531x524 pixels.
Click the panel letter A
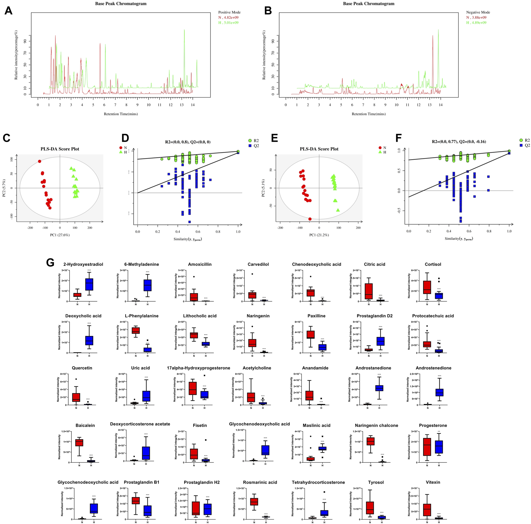(x=8, y=11)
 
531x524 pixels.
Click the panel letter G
(x=50, y=263)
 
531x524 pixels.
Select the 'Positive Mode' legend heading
(x=229, y=12)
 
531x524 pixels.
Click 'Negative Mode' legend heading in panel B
(x=478, y=12)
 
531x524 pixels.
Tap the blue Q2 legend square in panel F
(x=521, y=145)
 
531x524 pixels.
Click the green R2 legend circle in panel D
(x=250, y=141)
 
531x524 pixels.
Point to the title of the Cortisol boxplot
(x=433, y=264)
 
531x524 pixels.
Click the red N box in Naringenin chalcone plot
(x=371, y=441)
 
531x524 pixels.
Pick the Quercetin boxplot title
(x=82, y=368)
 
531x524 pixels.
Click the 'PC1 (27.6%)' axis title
(x=60, y=235)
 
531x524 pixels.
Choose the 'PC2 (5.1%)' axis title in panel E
(x=263, y=188)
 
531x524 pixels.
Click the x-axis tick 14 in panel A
(x=193, y=105)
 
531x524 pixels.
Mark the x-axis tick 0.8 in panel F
(x=489, y=231)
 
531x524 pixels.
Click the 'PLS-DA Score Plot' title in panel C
(x=60, y=149)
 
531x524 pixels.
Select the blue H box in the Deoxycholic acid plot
(x=89, y=341)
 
